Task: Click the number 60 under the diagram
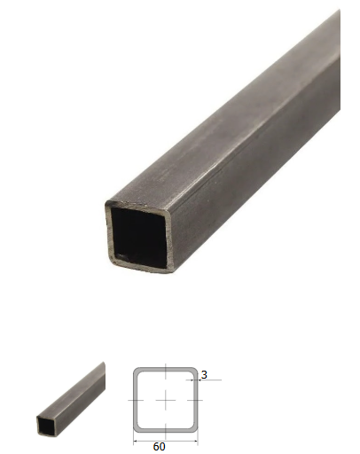tap(159, 446)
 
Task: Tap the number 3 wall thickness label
tap(204, 375)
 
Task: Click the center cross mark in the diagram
tap(166, 400)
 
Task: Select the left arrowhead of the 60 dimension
tap(136, 442)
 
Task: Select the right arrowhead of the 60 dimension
tap(196, 442)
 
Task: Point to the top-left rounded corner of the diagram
tap(137, 371)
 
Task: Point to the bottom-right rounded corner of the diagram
tap(194, 429)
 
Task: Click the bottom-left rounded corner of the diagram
tap(137, 429)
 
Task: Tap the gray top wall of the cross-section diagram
tap(166, 369)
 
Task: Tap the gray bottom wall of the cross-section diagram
tap(166, 431)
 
